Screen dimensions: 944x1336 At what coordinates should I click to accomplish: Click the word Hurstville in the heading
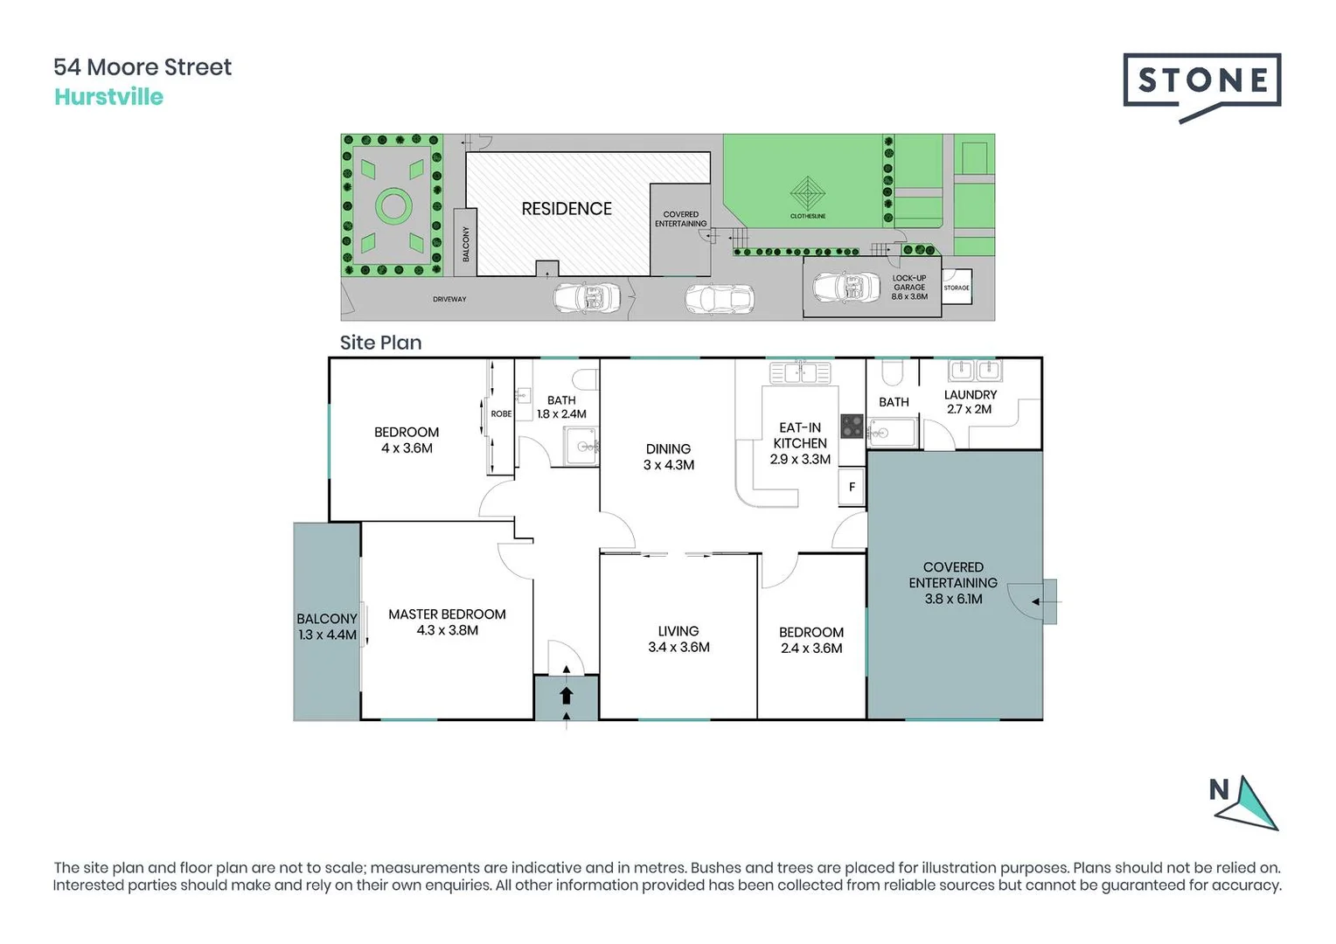[x=108, y=97]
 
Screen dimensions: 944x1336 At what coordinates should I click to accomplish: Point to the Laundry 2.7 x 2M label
[x=970, y=402]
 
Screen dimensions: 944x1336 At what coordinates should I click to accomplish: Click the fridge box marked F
[x=852, y=488]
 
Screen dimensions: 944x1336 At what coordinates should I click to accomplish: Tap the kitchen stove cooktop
[x=852, y=427]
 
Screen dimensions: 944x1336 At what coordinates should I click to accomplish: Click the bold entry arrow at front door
[x=566, y=696]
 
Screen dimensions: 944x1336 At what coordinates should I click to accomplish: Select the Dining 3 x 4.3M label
[x=669, y=456]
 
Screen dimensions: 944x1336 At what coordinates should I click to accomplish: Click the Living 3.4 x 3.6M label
[x=678, y=639]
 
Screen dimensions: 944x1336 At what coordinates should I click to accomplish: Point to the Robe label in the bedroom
[x=501, y=414]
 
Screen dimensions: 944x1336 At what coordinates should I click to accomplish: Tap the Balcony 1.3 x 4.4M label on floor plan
[x=327, y=627]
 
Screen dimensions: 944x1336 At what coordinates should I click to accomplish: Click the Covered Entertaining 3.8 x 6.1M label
[x=953, y=583]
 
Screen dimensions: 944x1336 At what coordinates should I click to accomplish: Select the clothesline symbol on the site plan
[x=807, y=192]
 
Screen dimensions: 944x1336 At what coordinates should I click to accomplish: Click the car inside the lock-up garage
[x=846, y=287]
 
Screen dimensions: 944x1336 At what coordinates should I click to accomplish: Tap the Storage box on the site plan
[x=957, y=288]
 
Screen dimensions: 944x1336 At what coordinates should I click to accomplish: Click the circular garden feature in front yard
[x=393, y=206]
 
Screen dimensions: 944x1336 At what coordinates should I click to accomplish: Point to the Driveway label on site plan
[x=449, y=300]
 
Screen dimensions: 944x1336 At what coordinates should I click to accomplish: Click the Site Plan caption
[x=380, y=343]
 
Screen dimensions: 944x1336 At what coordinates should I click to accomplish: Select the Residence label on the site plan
[x=567, y=209]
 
